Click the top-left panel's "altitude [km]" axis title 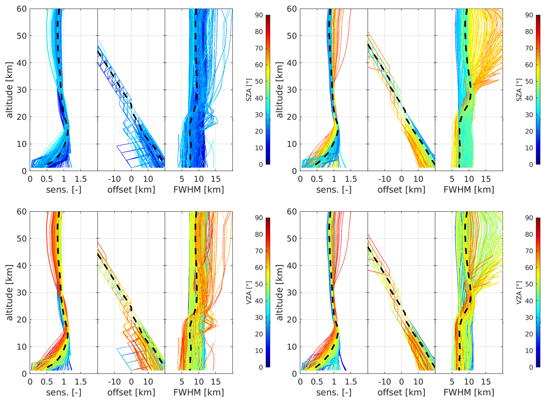[x=10, y=90]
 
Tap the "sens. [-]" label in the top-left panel [x=63, y=190]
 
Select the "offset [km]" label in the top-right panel [x=401, y=190]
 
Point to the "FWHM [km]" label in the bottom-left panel [x=199, y=392]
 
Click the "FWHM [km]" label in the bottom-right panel [x=469, y=392]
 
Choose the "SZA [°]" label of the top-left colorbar [x=249, y=90]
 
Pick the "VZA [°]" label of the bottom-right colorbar [x=519, y=293]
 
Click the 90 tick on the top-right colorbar [x=529, y=15]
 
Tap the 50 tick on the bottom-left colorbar [x=259, y=284]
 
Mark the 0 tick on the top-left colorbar [x=261, y=165]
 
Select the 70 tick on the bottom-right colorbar [x=529, y=251]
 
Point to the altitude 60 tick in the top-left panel [x=21, y=9]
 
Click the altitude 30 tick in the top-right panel [x=291, y=90]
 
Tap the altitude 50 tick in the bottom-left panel [x=21, y=239]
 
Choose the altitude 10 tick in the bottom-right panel [x=291, y=347]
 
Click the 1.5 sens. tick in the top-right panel [x=351, y=179]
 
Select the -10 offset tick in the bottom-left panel [x=114, y=382]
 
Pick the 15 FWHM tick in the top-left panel [x=216, y=179]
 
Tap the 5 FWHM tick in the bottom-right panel [x=452, y=382]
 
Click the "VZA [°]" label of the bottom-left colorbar [x=249, y=293]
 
